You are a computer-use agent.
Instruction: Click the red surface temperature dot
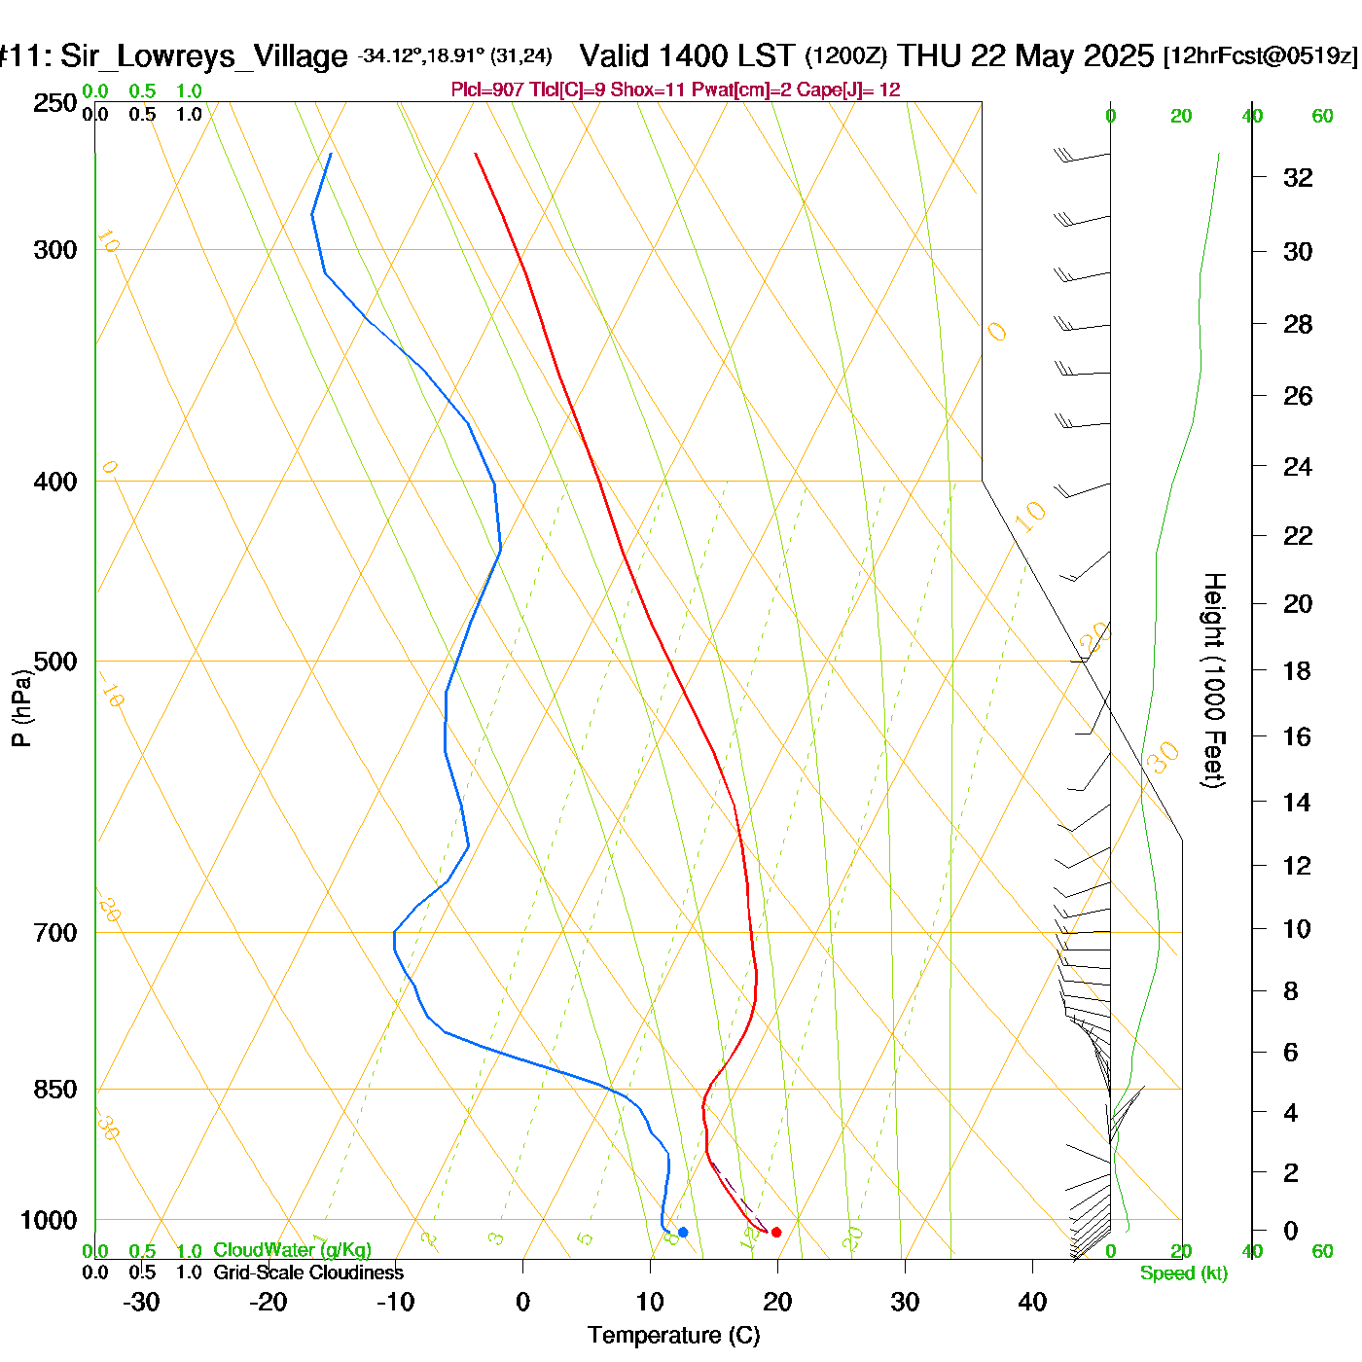(776, 1233)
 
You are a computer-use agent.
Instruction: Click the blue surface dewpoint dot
(683, 1233)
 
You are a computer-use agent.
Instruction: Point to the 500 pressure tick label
(55, 662)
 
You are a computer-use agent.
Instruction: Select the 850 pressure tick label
(55, 1090)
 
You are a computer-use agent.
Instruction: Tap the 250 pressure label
(55, 103)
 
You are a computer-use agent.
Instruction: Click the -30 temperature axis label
(141, 1302)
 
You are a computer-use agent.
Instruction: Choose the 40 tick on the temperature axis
(1032, 1302)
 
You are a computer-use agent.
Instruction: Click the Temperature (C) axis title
(673, 1336)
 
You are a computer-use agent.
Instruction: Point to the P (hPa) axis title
(21, 708)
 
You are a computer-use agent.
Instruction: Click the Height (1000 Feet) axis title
(1213, 680)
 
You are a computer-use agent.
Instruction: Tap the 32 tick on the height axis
(1298, 178)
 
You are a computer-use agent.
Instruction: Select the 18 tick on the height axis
(1297, 670)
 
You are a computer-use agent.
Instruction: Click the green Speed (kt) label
(1183, 1273)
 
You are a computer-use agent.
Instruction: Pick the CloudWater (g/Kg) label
(292, 1250)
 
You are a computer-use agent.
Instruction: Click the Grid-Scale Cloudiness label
(308, 1272)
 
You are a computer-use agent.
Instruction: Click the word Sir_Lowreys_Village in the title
(203, 56)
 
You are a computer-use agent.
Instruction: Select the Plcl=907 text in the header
(487, 90)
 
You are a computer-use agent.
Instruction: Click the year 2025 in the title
(1118, 55)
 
